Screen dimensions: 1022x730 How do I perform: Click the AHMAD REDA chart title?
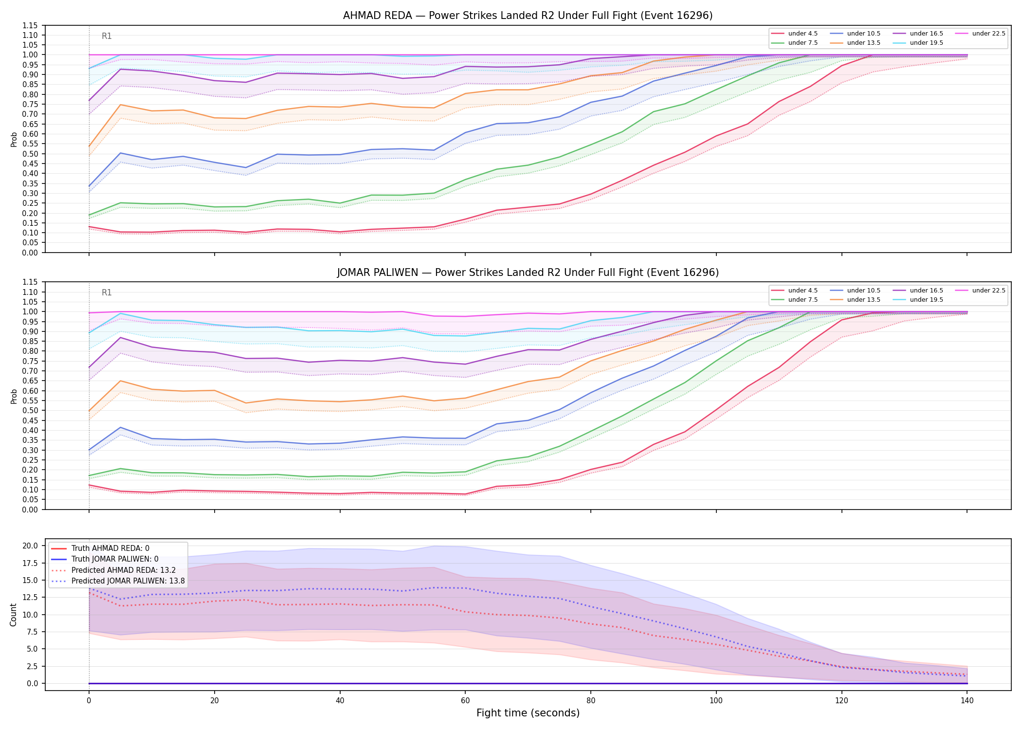(528, 16)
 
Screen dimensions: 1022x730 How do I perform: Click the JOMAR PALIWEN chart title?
(528, 273)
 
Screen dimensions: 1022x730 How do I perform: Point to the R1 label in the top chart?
(107, 36)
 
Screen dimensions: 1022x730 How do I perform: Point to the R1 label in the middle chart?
(107, 293)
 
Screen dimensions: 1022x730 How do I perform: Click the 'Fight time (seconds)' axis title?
(528, 713)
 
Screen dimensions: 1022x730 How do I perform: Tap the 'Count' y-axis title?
(14, 615)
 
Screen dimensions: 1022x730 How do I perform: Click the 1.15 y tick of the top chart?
(30, 25)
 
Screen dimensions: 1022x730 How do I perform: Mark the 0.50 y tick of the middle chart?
(30, 411)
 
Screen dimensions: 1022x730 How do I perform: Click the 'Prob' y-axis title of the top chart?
(14, 139)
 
